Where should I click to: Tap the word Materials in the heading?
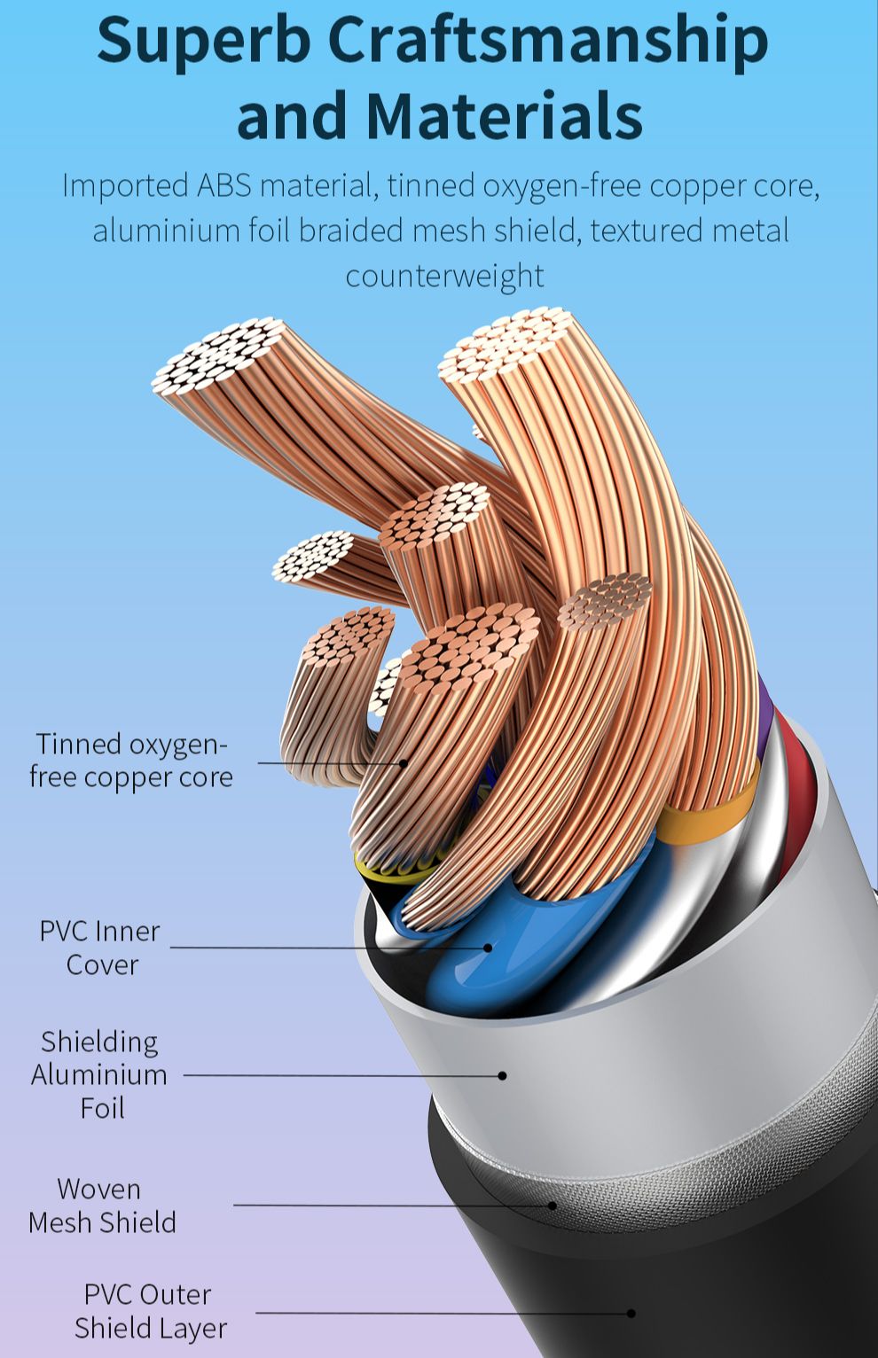click(504, 114)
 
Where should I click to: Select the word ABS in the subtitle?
click(223, 184)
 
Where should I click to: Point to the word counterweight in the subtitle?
click(444, 276)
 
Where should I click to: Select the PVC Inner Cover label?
click(100, 948)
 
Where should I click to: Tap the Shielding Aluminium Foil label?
click(99, 1075)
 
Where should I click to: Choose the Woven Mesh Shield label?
click(102, 1206)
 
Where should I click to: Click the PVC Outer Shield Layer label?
click(151, 1311)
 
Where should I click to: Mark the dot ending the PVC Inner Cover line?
click(488, 948)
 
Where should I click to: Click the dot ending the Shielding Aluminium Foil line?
click(502, 1075)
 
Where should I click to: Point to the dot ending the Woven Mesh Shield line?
click(552, 1206)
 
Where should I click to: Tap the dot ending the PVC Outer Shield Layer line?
click(631, 1313)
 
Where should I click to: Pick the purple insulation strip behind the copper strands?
click(766, 715)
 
